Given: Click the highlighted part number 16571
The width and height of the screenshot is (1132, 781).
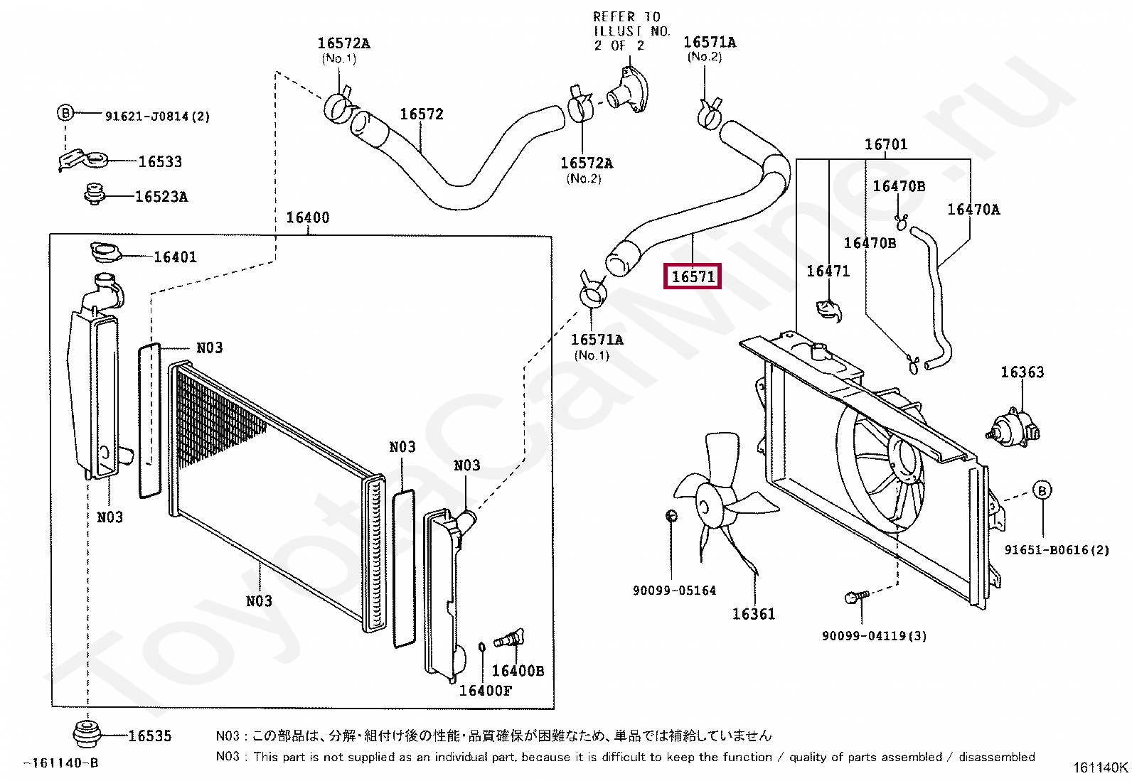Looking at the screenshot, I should click(693, 276).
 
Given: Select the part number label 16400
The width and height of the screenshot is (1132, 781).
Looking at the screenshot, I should click(307, 217).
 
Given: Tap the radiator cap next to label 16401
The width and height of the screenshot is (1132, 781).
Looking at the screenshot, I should click(106, 252).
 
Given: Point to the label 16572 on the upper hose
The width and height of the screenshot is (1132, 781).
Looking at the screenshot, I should click(421, 114).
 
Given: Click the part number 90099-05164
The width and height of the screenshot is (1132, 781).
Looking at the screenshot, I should click(674, 591).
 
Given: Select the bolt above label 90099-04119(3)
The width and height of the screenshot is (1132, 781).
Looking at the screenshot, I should click(856, 597).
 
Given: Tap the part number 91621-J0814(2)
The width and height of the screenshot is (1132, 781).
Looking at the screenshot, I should click(157, 117).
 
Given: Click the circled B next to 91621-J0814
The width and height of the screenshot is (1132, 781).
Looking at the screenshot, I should click(65, 112).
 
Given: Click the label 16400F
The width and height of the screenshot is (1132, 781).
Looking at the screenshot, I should click(485, 691).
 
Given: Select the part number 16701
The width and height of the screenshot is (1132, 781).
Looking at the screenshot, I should click(885, 145).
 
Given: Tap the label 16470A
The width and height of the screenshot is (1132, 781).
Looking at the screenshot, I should click(973, 210).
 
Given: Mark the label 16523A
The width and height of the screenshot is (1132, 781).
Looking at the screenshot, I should click(161, 197).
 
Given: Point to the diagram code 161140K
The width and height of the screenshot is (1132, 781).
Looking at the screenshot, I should click(1099, 767).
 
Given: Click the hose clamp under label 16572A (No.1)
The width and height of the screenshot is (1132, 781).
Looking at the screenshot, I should click(339, 106).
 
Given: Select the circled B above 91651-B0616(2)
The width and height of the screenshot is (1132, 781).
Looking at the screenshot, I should click(1042, 490).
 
